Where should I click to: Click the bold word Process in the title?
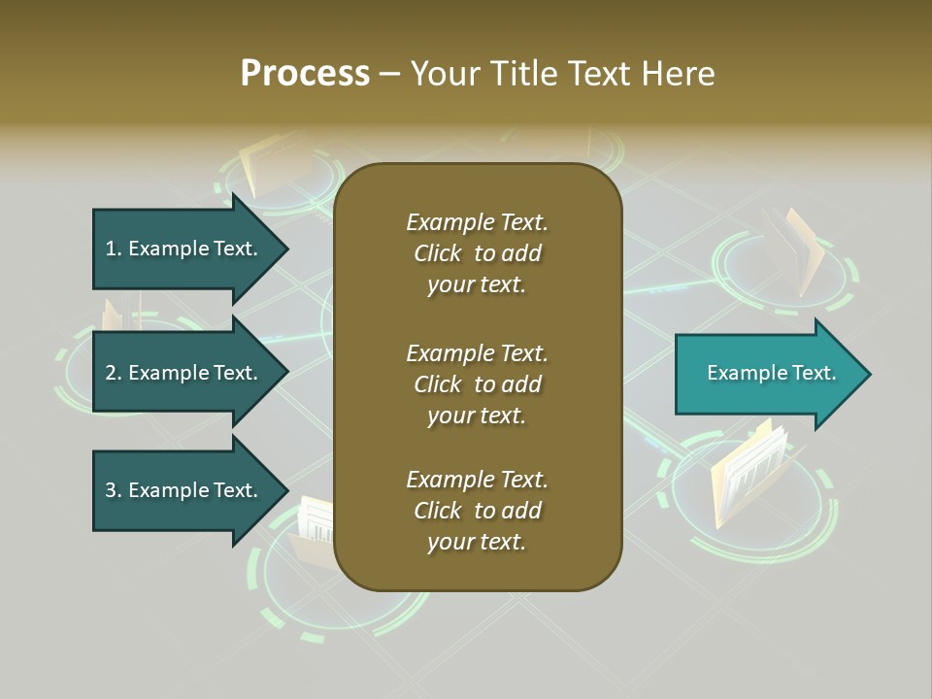305,74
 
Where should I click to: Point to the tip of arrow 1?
286,249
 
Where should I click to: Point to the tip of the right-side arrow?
869,374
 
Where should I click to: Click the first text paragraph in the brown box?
477,253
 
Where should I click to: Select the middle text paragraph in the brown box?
477,384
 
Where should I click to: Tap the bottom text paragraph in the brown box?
477,511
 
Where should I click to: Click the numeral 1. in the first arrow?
114,249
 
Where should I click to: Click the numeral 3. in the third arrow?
114,490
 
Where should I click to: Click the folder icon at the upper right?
793,250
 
